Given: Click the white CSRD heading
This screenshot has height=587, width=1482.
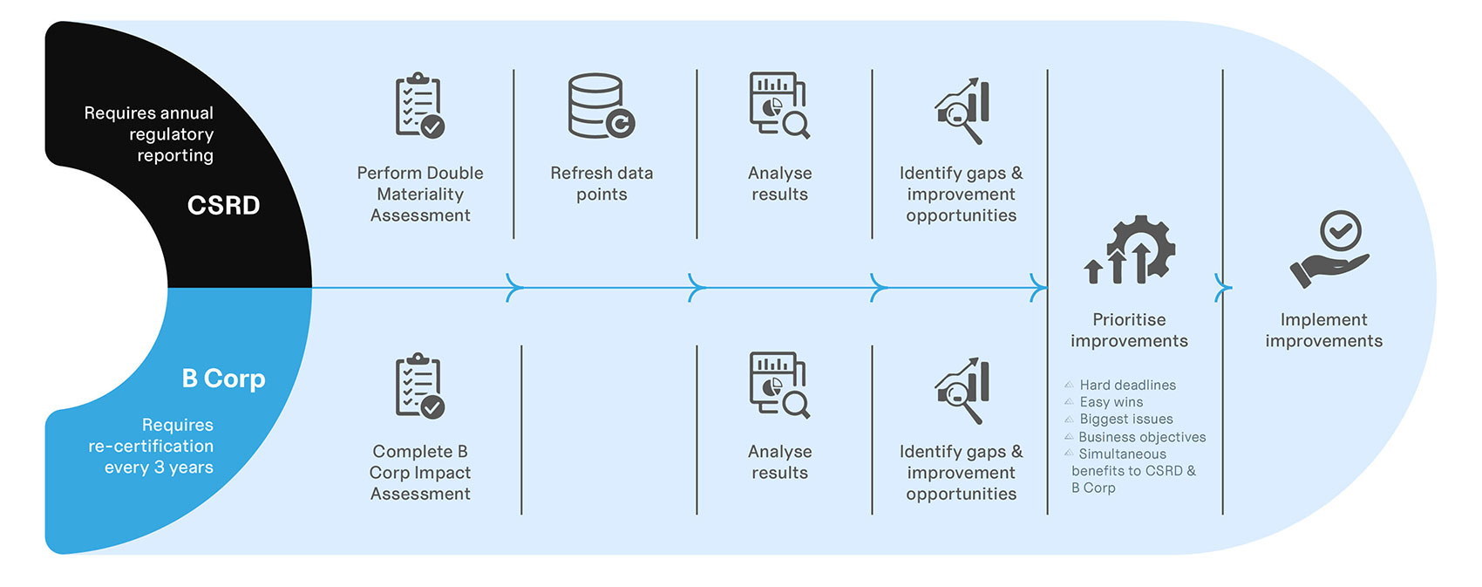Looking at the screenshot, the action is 224,205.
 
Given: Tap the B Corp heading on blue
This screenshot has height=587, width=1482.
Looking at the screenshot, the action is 224,379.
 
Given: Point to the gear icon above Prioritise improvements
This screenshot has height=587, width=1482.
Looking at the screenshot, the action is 1129,249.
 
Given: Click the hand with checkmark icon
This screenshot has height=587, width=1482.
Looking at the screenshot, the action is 1329,249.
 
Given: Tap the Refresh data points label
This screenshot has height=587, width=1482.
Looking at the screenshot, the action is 602,183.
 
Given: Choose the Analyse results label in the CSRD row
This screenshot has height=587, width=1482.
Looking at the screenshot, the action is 780,183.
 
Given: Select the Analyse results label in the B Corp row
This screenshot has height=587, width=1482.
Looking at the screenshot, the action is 780,462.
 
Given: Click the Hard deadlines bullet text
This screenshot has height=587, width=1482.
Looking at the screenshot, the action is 1127,385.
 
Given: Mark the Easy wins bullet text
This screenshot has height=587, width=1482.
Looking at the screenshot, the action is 1111,402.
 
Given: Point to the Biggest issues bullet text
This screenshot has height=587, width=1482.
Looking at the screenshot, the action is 1126,419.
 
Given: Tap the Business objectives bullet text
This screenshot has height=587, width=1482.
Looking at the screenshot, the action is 1142,437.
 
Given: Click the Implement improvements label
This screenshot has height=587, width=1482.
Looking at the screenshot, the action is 1324,331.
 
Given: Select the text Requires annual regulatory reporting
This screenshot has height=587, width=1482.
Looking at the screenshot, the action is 149,134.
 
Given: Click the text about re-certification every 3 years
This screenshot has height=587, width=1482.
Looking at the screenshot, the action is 151,446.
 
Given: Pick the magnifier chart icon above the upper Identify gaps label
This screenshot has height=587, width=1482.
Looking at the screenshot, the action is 962,111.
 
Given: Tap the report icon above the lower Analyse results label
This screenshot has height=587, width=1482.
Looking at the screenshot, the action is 779,386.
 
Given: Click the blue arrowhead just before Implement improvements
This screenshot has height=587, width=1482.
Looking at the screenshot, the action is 1223,288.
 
